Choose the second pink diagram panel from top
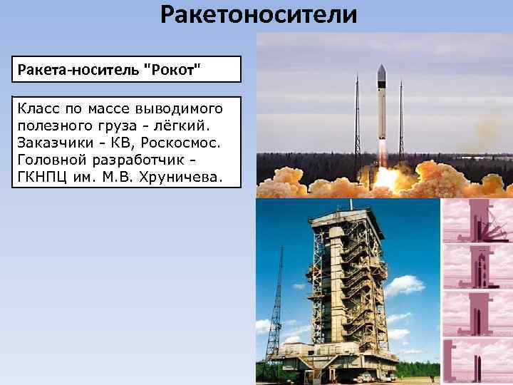click(x=477, y=267)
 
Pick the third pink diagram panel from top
click(x=477, y=314)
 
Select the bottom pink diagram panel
click(x=477, y=361)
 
